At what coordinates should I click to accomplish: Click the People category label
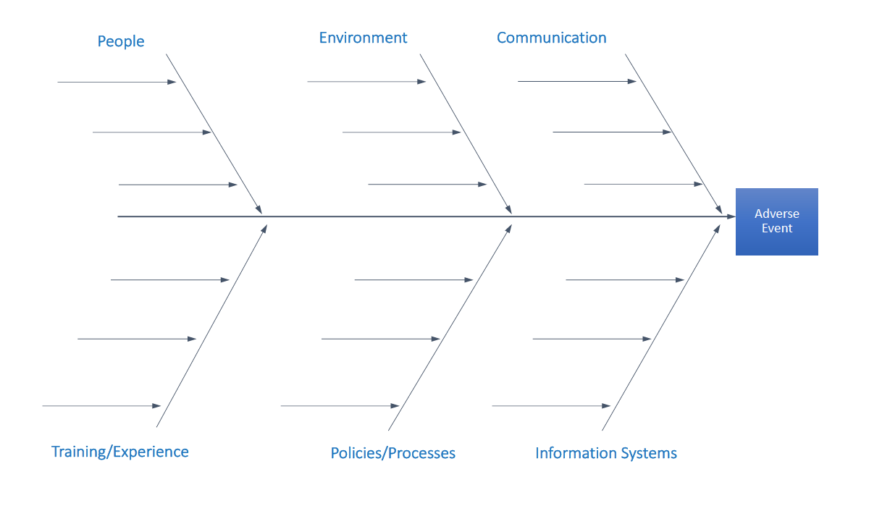coord(121,42)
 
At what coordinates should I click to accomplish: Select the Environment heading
coord(363,38)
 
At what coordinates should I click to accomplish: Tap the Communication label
coord(551,38)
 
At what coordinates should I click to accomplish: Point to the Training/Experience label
coord(120,452)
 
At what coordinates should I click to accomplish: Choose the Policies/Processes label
coord(393,453)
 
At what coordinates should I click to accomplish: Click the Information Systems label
coord(606,453)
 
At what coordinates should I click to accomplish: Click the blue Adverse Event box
coord(777,221)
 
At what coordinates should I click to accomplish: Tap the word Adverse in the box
coord(777,214)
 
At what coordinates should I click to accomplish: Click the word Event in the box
coord(777,228)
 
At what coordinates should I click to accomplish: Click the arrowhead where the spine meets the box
coord(731,216)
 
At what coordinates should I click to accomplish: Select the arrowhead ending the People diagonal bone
coord(259,209)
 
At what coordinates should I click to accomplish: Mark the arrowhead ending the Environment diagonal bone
coord(509,209)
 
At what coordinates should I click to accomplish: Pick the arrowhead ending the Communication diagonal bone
coord(718,209)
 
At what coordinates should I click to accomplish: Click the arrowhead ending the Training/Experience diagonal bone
coord(264,229)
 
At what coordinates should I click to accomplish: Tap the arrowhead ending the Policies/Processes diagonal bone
coord(508,229)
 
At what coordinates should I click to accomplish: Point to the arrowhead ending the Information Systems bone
coord(717,229)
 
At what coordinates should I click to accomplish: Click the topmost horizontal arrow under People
coord(117,82)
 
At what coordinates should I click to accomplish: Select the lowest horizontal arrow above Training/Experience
coord(101,405)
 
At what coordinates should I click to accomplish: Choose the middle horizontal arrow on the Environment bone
coord(402,132)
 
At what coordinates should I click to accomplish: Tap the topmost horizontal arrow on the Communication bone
coord(577,82)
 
